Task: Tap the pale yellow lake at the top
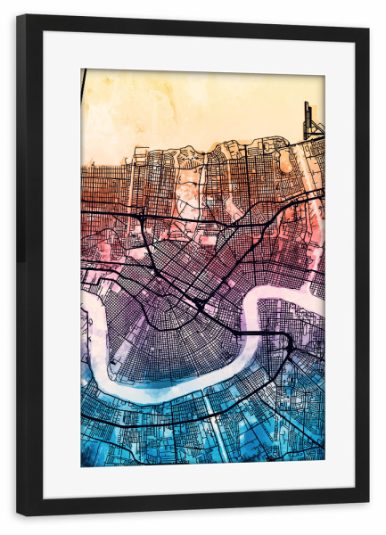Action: (196, 103)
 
